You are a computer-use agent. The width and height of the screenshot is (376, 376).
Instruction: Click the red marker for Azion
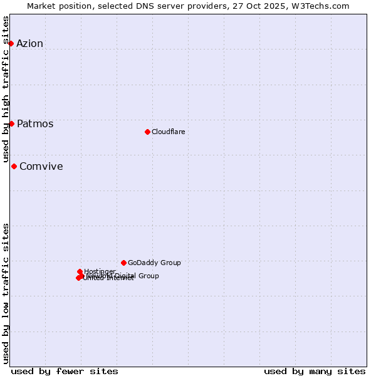click(11, 43)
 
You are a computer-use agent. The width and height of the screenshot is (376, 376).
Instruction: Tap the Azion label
click(30, 43)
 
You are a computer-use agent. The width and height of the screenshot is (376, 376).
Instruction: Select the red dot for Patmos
click(11, 123)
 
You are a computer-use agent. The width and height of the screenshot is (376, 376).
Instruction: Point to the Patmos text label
click(35, 123)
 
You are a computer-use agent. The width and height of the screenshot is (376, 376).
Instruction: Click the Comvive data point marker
click(14, 166)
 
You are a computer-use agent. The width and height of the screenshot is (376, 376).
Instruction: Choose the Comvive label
click(41, 166)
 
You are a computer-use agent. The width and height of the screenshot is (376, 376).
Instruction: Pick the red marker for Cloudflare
click(147, 132)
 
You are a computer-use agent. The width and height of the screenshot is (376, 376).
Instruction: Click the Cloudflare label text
click(169, 132)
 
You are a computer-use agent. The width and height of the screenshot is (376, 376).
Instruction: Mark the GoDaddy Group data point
click(123, 263)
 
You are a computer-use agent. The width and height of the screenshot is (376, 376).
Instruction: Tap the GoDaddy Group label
click(154, 263)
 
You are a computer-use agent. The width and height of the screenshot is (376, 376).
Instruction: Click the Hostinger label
click(100, 271)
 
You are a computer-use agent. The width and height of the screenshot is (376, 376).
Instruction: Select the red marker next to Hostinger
click(80, 272)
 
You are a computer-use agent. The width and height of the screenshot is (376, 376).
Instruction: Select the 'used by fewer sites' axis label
click(65, 371)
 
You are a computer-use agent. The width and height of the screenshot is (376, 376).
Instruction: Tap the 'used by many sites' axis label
click(315, 371)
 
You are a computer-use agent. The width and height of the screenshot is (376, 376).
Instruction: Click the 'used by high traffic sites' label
click(6, 90)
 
